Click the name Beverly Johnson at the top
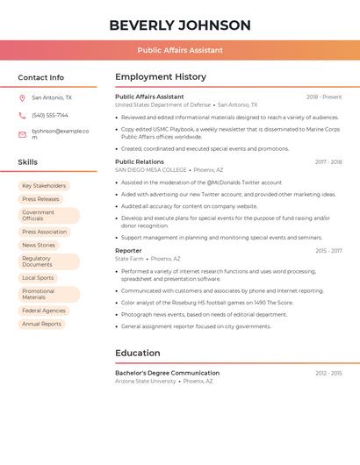click(180, 25)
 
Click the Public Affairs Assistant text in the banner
click(180, 50)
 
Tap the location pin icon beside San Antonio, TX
click(22, 98)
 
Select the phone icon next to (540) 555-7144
click(22, 115)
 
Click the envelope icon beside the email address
click(22, 134)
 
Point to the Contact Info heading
click(41, 77)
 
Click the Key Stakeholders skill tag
click(44, 186)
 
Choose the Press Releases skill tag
click(40, 199)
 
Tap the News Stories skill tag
click(39, 245)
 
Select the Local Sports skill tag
click(38, 278)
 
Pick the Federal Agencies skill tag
click(44, 311)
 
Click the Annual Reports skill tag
click(41, 324)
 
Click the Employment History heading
click(161, 77)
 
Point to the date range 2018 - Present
click(324, 97)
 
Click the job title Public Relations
click(140, 161)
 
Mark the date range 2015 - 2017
click(328, 251)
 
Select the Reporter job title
click(128, 251)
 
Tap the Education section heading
click(137, 354)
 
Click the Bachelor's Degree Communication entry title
click(167, 373)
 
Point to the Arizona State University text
click(146, 382)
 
